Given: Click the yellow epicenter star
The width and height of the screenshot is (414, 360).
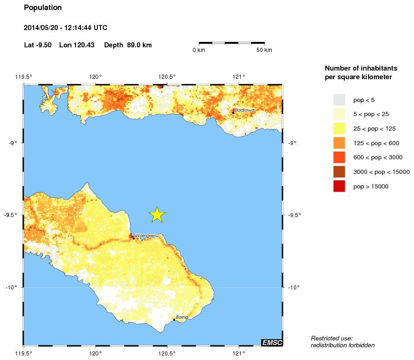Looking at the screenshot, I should coord(157,214).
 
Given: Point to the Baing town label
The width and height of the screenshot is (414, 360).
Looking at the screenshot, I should coord(182,317).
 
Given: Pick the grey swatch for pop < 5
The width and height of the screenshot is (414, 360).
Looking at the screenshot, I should coord(339,99).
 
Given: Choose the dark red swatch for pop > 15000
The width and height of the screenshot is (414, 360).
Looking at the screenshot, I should coord(339,186).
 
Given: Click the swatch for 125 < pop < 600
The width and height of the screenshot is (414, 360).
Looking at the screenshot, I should coord(339,143).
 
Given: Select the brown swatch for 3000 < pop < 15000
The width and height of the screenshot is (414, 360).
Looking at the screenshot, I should coord(339,172).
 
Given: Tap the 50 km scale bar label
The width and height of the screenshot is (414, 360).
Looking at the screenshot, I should coord(264,50).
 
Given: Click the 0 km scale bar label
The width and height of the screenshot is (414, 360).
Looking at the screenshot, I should coord(199,50).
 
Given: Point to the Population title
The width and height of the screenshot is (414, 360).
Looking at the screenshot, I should coord(43,8).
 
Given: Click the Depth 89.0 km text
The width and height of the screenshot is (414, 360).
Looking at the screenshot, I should coord(128,45).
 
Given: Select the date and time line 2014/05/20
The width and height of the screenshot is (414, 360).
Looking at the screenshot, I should coord(66,28).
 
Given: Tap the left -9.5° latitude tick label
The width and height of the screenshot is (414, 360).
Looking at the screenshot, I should coord(13,215).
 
